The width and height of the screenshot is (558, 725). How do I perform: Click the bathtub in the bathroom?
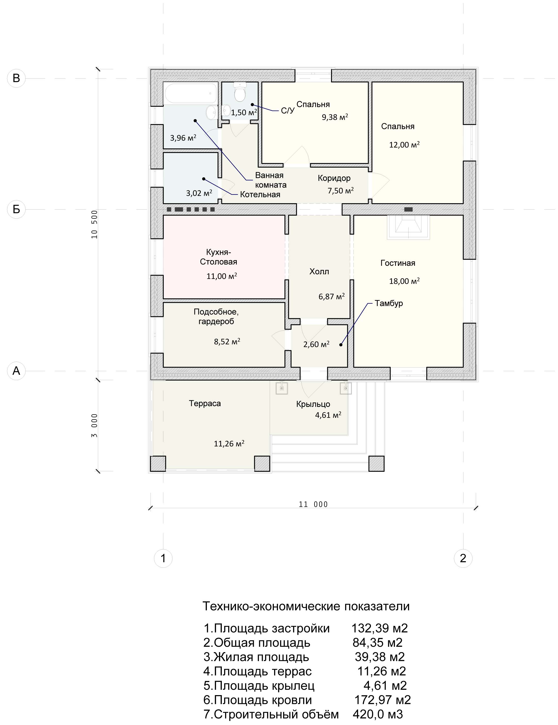[x=191, y=93]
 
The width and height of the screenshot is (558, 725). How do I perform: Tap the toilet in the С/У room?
[x=240, y=92]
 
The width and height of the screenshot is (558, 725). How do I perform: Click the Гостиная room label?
[x=398, y=263]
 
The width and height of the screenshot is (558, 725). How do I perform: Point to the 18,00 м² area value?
[x=404, y=281]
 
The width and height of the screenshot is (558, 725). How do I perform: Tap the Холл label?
[x=319, y=271]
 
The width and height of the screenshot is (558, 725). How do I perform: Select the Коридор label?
[x=334, y=178]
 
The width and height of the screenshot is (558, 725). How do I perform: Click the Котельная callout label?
[x=260, y=194]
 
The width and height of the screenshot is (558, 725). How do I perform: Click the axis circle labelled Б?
[x=16, y=209]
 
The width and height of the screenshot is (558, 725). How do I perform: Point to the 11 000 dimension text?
[x=313, y=505]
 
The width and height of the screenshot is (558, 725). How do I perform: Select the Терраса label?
[x=205, y=403]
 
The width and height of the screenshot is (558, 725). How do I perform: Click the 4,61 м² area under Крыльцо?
[x=328, y=415]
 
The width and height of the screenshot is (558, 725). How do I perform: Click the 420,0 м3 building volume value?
[x=378, y=714]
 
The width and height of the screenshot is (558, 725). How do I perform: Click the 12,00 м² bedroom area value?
[x=404, y=145]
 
